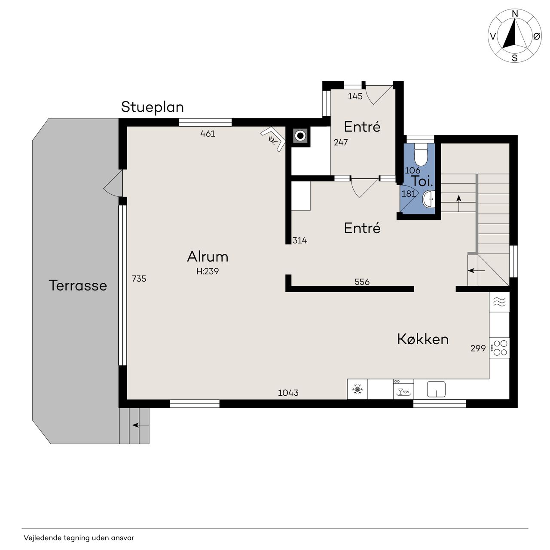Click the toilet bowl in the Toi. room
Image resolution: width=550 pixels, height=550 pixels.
(x=420, y=155)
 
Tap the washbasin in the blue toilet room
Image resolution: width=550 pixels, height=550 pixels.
(x=429, y=199)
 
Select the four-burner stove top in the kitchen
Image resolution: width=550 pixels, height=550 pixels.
(x=500, y=348)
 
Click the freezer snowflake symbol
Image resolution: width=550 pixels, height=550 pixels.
(x=357, y=389)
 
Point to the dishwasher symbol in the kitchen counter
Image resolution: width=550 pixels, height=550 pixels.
(x=403, y=389)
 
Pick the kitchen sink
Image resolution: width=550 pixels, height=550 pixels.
(x=436, y=389)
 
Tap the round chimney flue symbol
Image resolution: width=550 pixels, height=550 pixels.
(x=300, y=136)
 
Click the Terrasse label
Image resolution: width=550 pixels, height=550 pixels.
(x=78, y=285)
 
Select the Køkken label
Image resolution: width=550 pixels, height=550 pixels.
(x=423, y=339)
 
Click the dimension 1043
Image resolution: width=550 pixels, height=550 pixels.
(x=288, y=393)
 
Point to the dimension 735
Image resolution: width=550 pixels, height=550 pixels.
(x=139, y=278)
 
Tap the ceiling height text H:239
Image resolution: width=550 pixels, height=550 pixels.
(x=208, y=271)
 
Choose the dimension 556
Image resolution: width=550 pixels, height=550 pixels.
(x=362, y=282)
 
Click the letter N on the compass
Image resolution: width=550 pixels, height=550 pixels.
(x=515, y=14)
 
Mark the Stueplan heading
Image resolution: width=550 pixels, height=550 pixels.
(x=153, y=107)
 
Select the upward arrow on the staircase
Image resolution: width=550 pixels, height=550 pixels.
(x=458, y=204)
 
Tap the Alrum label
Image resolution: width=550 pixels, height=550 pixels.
(x=208, y=257)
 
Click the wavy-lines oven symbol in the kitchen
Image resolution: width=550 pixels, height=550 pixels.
(x=500, y=302)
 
